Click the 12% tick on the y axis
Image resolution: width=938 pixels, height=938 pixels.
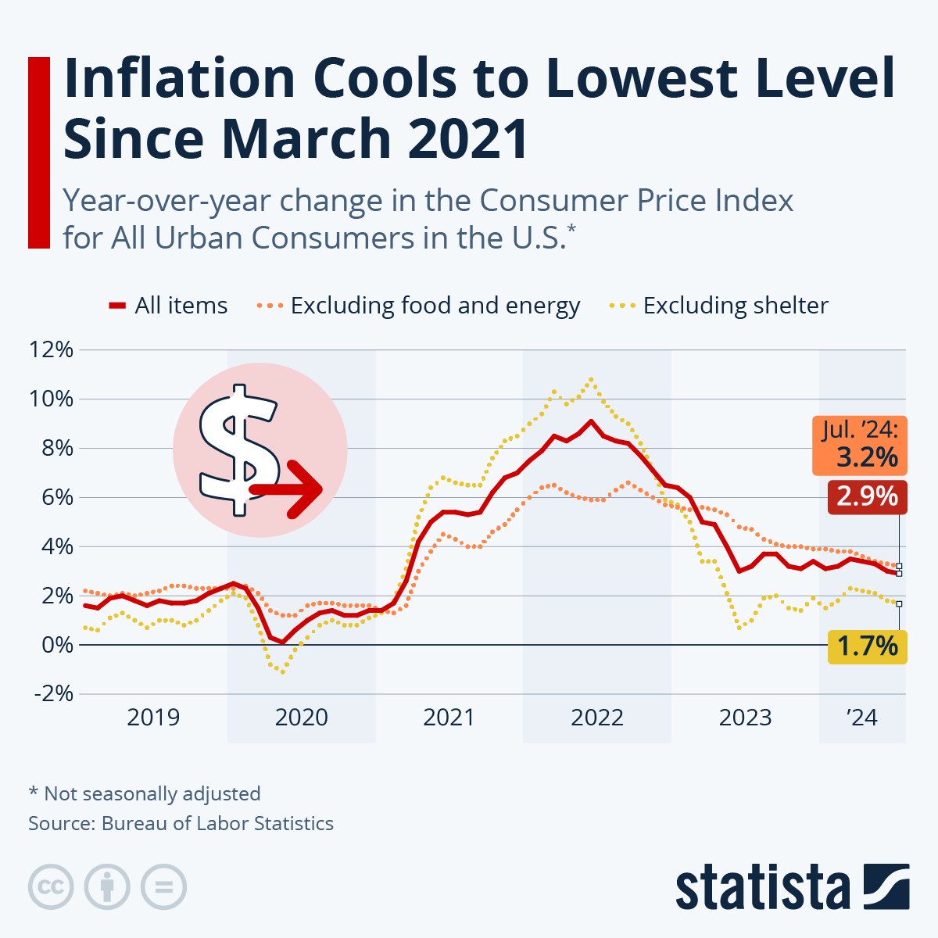[x=52, y=350]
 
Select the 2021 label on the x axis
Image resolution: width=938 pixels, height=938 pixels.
[x=449, y=717]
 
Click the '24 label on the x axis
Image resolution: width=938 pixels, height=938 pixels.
[x=862, y=717]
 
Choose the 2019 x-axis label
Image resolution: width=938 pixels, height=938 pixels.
[x=153, y=717]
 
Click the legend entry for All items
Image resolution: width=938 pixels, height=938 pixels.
[x=169, y=306]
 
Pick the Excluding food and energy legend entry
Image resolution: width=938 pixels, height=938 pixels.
[x=419, y=306]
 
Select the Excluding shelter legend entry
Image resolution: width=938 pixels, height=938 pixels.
[x=719, y=306]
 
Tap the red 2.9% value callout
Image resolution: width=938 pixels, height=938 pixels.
[x=867, y=496]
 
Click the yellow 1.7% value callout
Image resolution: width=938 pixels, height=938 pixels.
[x=867, y=646]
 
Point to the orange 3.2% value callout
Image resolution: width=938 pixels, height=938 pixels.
[x=860, y=446]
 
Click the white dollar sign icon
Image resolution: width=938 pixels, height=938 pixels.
[x=238, y=449]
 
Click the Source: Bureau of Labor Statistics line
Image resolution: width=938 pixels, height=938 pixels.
[x=181, y=823]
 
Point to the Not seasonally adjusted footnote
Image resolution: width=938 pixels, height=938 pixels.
[x=145, y=793]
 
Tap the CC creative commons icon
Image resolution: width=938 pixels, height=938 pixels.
[x=51, y=887]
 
